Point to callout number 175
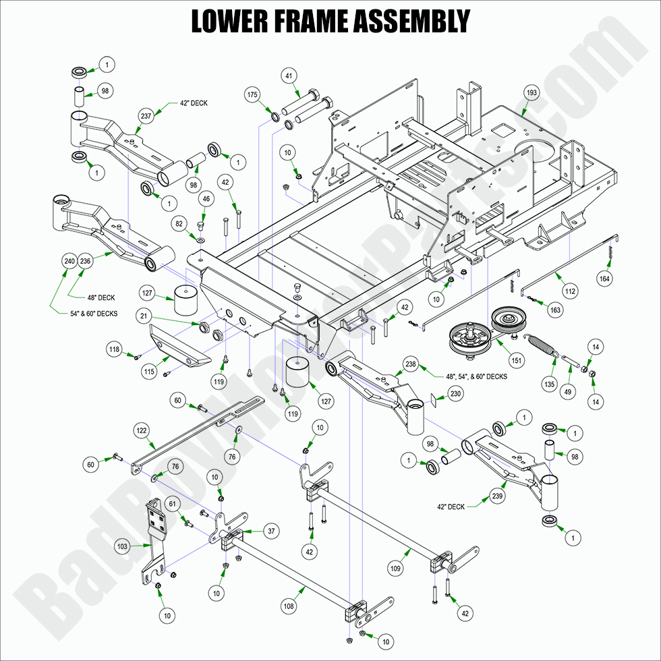point(252,94)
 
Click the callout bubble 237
point(146,116)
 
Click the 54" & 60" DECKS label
point(84,314)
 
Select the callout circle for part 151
point(516,361)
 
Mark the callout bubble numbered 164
point(604,277)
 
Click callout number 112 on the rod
point(571,292)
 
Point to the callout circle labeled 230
point(455,393)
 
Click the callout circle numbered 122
point(141,430)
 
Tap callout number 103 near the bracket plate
point(122,547)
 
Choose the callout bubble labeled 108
point(289,607)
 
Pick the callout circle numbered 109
point(395,569)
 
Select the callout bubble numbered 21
point(142,316)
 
